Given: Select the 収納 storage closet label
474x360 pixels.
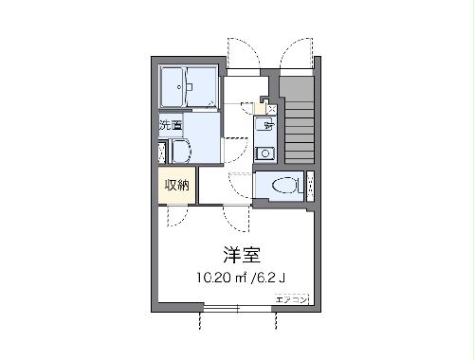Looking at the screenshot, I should [x=176, y=185].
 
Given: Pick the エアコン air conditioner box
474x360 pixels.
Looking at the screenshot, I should [x=291, y=299].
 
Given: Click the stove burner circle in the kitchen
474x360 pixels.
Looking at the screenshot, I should [x=266, y=153].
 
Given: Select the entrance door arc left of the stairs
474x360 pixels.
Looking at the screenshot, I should [x=243, y=55].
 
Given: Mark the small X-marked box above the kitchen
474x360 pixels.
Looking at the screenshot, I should [x=271, y=110].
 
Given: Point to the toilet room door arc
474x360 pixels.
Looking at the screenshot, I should [x=241, y=186].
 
